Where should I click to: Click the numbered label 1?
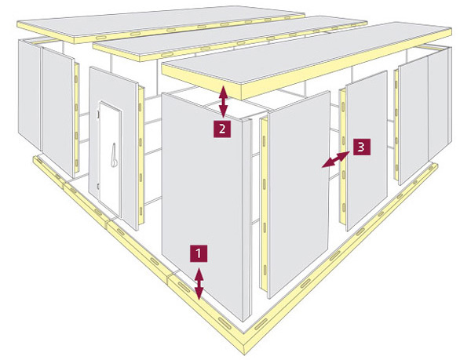(x=199, y=253)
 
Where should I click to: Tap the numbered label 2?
(x=222, y=129)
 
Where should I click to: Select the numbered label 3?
(x=362, y=147)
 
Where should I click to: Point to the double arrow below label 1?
(x=199, y=284)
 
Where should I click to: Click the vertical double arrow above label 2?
(x=223, y=101)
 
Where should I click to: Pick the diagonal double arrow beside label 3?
(x=336, y=159)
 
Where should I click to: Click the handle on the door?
(x=114, y=155)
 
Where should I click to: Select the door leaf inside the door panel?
(x=110, y=159)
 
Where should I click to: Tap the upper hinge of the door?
(x=98, y=114)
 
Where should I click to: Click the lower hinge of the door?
(x=98, y=187)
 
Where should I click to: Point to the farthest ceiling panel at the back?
(x=161, y=24)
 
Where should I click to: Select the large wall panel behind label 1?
(x=202, y=204)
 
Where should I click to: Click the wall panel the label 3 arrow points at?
(x=298, y=195)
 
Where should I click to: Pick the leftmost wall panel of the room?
(x=30, y=94)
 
